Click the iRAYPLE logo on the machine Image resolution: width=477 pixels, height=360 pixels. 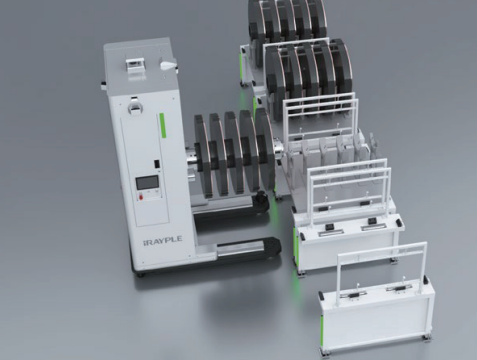162,240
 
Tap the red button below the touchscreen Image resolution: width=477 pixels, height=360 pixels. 140,197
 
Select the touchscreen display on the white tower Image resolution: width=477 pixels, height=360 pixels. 147,183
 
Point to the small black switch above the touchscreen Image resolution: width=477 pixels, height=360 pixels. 156,164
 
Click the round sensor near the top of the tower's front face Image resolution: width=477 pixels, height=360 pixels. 136,107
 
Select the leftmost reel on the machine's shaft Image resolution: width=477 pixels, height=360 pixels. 204,156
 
